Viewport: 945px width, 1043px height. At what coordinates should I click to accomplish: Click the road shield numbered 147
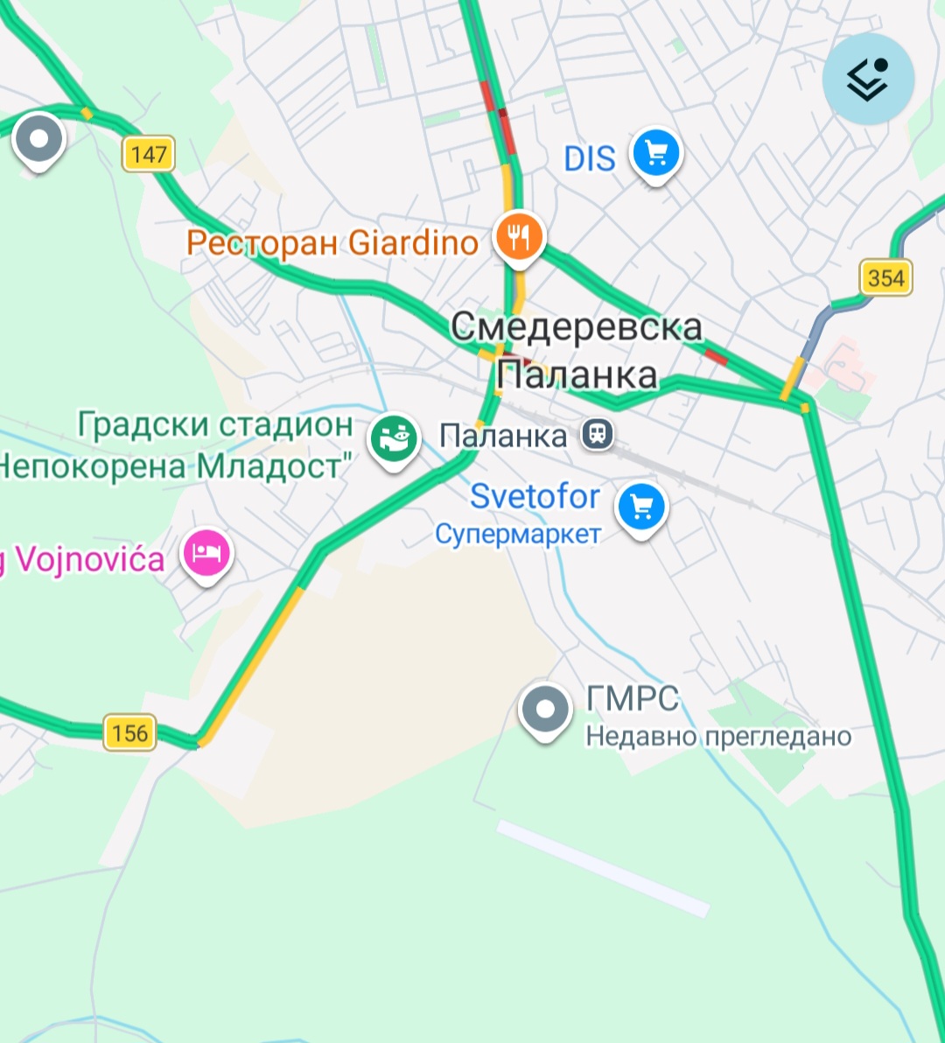point(148,155)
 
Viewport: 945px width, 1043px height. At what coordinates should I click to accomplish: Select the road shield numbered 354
point(885,278)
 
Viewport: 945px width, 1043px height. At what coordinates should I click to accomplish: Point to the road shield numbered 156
point(129,732)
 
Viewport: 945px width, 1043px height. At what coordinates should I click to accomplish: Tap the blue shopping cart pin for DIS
point(656,155)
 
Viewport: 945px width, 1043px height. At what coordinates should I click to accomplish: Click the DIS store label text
point(590,159)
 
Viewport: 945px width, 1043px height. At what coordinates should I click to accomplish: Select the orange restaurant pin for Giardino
point(520,236)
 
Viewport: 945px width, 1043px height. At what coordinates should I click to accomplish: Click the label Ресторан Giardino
point(332,242)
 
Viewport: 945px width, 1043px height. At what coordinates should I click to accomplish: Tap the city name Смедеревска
point(576,326)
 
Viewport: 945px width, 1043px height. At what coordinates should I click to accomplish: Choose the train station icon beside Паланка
point(598,434)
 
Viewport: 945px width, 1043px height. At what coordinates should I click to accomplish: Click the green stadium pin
point(394,438)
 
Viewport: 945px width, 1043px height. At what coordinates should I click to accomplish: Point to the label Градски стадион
point(215,425)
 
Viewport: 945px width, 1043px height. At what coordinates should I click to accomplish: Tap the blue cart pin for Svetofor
point(641,507)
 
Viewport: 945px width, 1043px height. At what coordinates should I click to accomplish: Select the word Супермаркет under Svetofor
point(518,534)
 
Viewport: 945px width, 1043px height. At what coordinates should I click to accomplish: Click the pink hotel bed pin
point(206,553)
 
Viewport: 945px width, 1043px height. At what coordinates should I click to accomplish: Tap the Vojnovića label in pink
point(83,559)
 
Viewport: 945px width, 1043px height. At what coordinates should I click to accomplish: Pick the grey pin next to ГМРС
point(545,710)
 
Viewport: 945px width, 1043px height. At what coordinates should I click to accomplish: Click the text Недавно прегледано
point(718,737)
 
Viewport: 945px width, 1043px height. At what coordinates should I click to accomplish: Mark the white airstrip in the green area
point(604,869)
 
